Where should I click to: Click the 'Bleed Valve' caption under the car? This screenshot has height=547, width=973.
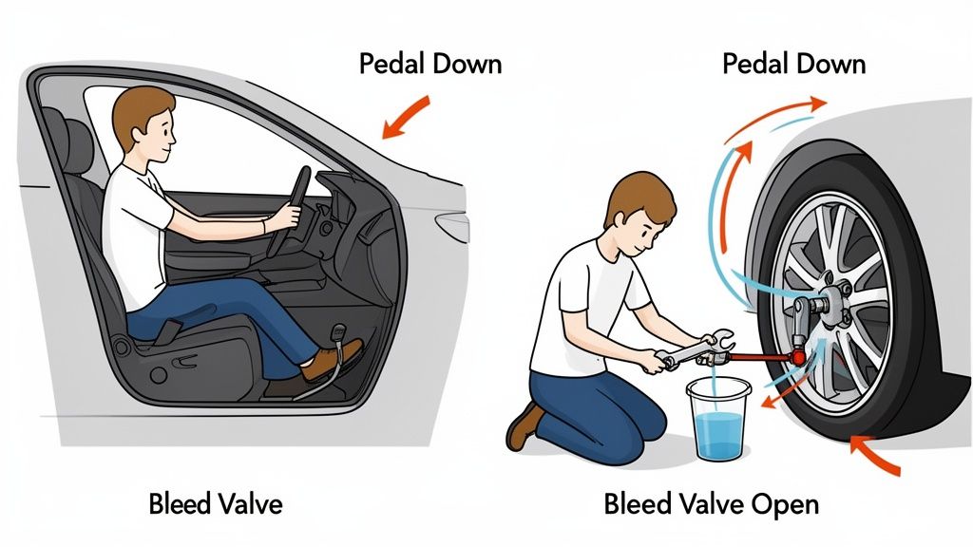(215, 503)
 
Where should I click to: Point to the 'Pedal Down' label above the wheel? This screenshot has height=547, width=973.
(793, 64)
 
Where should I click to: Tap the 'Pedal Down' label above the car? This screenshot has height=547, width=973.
(430, 64)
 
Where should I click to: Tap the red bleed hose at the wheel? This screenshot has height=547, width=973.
(760, 356)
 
